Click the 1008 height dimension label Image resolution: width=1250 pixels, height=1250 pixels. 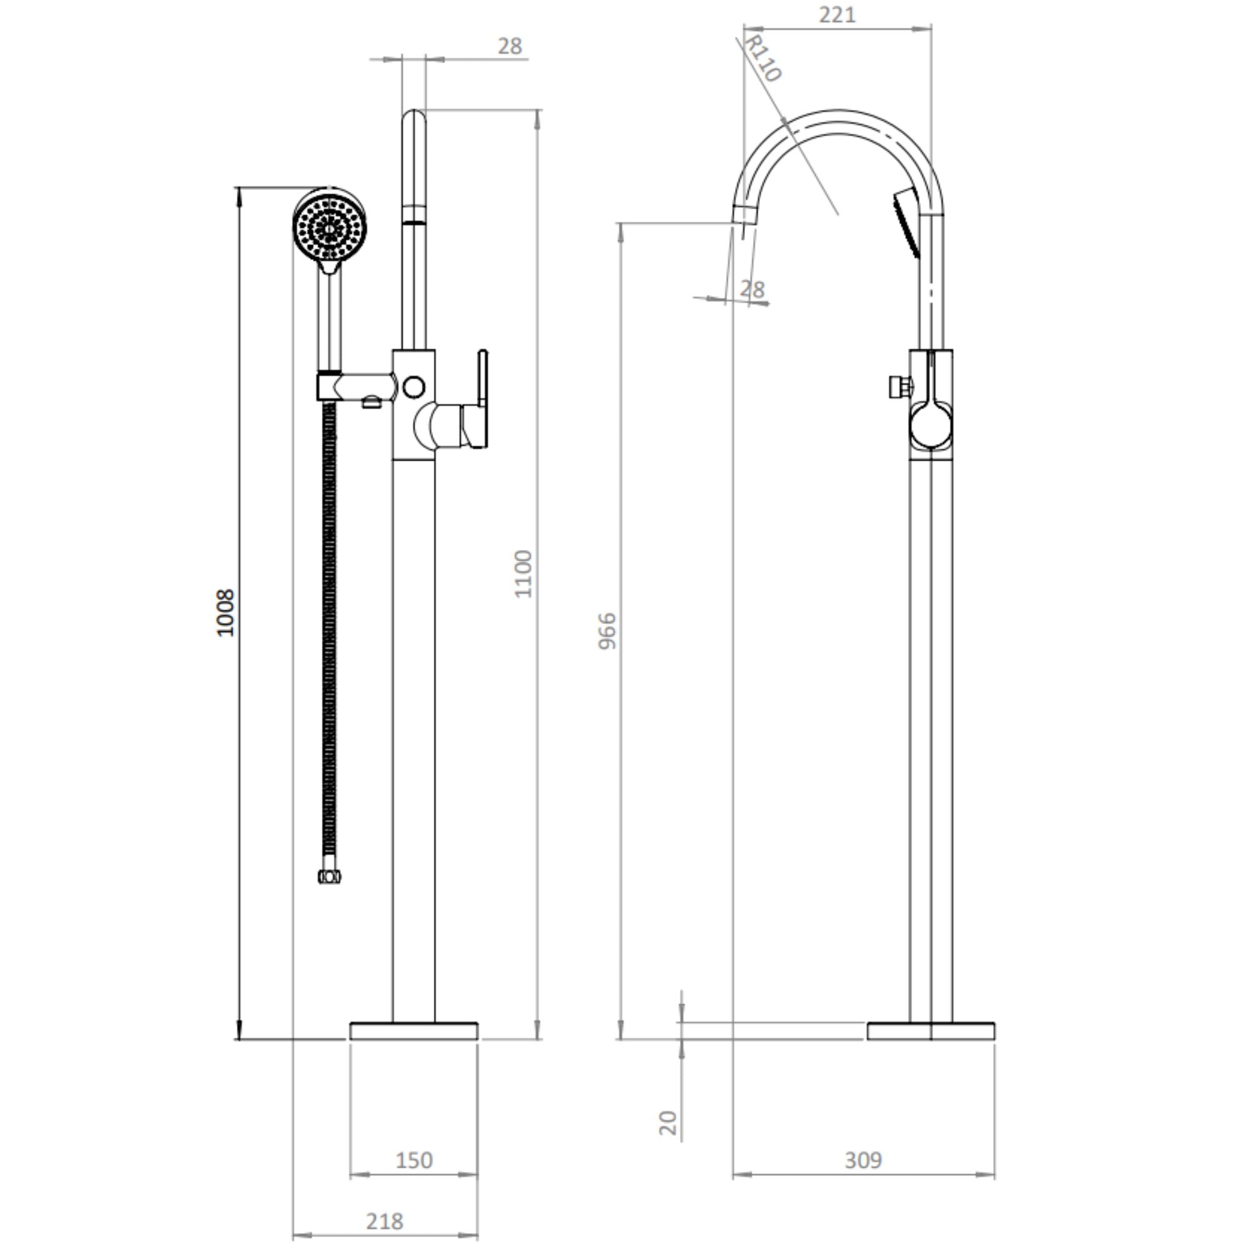click(224, 612)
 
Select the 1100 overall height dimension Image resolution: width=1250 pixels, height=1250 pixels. click(522, 574)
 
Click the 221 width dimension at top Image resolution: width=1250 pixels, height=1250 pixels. click(837, 14)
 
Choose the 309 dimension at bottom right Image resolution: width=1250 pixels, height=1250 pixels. click(863, 1160)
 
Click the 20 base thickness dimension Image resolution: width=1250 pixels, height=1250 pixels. click(667, 1123)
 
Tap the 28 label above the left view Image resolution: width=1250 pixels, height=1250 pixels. click(510, 46)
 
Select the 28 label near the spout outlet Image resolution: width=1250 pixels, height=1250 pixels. click(751, 289)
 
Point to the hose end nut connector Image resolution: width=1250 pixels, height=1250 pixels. click(329, 877)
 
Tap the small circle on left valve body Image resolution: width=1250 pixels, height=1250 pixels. click(413, 387)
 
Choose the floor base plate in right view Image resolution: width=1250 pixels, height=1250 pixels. click(931, 1031)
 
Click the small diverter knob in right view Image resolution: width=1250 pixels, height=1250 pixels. click(899, 387)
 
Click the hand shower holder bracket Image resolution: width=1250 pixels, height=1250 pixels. click(356, 386)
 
